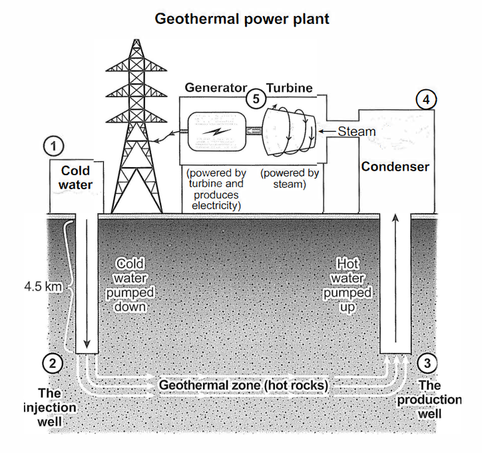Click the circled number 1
click(x=53, y=146)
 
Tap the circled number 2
click(x=53, y=364)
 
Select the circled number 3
click(x=427, y=364)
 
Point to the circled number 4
click(x=426, y=100)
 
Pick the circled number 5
click(x=256, y=99)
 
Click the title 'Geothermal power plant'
click(x=242, y=19)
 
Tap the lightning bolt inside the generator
click(x=217, y=132)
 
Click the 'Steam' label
click(x=357, y=131)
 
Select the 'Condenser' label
click(x=395, y=167)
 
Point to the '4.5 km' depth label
click(x=43, y=286)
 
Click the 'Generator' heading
click(x=216, y=88)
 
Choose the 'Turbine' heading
click(x=290, y=88)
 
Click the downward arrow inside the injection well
click(x=87, y=284)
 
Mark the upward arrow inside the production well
click(x=395, y=278)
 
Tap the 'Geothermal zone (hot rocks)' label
click(x=244, y=385)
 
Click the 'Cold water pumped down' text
click(x=130, y=285)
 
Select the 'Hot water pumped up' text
click(x=348, y=285)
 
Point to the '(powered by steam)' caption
click(x=290, y=179)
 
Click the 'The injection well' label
click(x=49, y=407)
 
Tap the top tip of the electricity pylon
click(x=136, y=39)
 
